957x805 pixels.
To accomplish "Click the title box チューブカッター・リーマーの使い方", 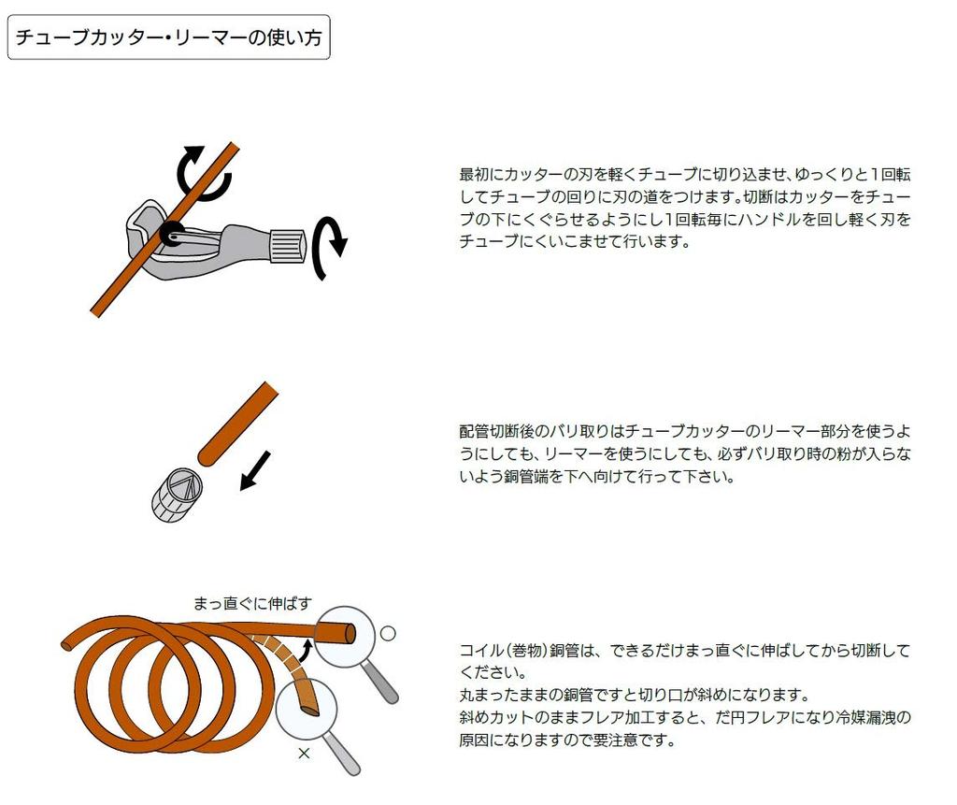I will pyautogui.click(x=169, y=38).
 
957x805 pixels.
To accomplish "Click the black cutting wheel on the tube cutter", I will pyautogui.click(x=172, y=234).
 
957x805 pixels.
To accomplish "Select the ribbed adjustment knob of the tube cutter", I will pyautogui.click(x=288, y=245).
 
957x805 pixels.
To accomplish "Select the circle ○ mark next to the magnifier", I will pyautogui.click(x=388, y=633).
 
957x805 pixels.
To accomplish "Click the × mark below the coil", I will pyautogui.click(x=304, y=753).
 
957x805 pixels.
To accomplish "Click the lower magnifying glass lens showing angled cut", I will pyautogui.click(x=305, y=709).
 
